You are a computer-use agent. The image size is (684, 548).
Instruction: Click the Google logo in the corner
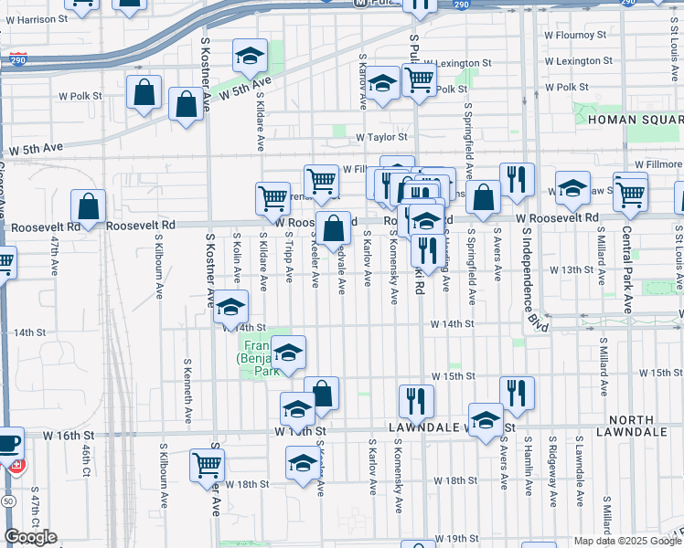click(x=30, y=537)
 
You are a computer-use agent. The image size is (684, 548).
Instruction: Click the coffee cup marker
click(x=8, y=443)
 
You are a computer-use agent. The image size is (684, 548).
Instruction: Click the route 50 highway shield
click(x=8, y=502)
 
